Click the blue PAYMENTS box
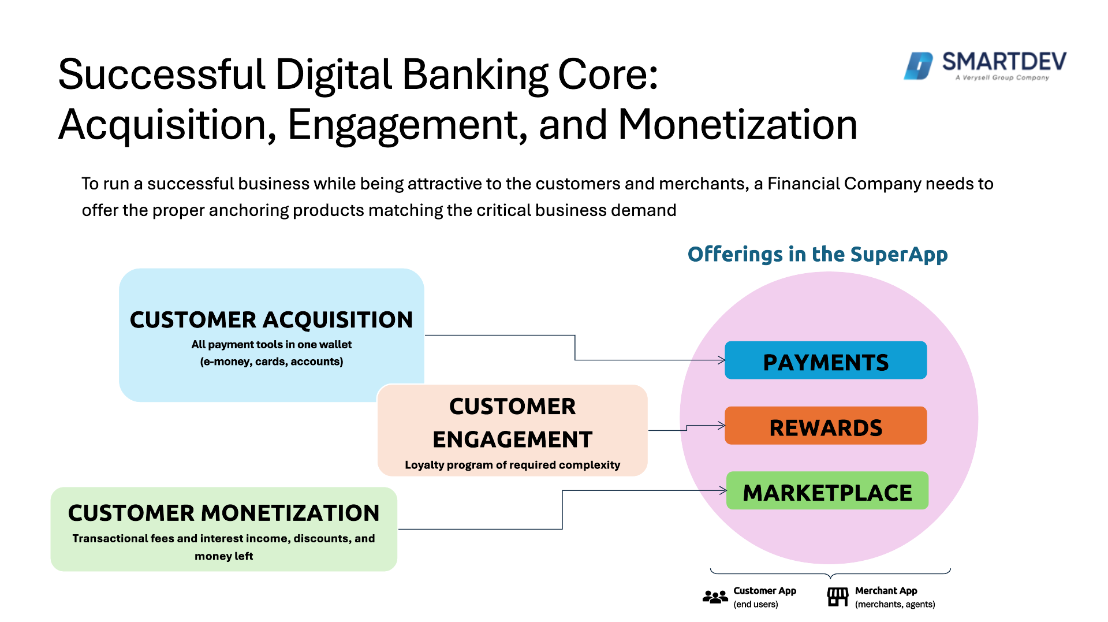coord(826,360)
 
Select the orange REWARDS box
coord(826,426)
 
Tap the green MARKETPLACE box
coord(827,491)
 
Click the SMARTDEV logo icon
coord(918,66)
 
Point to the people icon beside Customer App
coord(715,597)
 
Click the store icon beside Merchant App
coord(837,597)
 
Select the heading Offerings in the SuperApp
coord(817,254)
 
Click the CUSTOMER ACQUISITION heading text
coord(271,320)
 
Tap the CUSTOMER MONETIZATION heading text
coord(224,513)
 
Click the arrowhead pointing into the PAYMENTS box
coord(722,360)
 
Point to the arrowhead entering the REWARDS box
coord(722,426)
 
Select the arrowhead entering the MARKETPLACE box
coord(723,491)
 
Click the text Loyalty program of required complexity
coord(512,465)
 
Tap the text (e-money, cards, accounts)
coord(271,362)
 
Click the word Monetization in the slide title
coord(737,125)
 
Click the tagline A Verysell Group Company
coord(1002,77)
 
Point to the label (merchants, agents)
coord(894,604)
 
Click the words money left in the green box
coord(224,556)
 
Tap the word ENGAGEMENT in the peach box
coord(512,440)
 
